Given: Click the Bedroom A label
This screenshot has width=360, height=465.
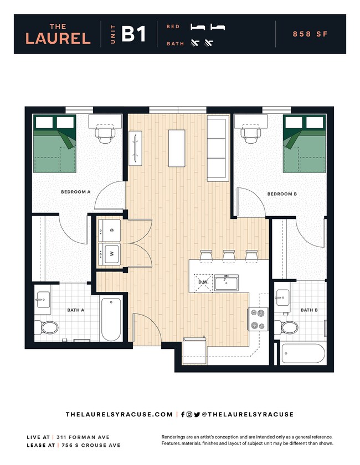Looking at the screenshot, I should [75, 192].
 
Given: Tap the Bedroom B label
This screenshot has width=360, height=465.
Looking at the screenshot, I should [282, 194].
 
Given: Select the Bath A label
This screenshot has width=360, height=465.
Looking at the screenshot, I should [75, 310].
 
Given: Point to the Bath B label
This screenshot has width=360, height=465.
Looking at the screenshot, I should [309, 310].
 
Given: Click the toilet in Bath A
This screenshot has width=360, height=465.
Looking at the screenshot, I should [47, 327].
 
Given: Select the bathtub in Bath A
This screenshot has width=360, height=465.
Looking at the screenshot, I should [111, 320].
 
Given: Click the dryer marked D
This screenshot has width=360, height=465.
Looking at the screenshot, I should [110, 229].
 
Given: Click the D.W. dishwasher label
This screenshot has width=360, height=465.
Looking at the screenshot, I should [203, 282].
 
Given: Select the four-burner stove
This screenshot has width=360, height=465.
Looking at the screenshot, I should [258, 319].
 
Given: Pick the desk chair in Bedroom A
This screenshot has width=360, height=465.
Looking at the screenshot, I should [104, 133].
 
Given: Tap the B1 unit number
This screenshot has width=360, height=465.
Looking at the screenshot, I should [133, 34].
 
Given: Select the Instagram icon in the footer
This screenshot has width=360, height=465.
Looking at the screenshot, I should [189, 414].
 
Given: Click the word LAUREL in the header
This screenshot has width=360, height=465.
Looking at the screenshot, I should [58, 38].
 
